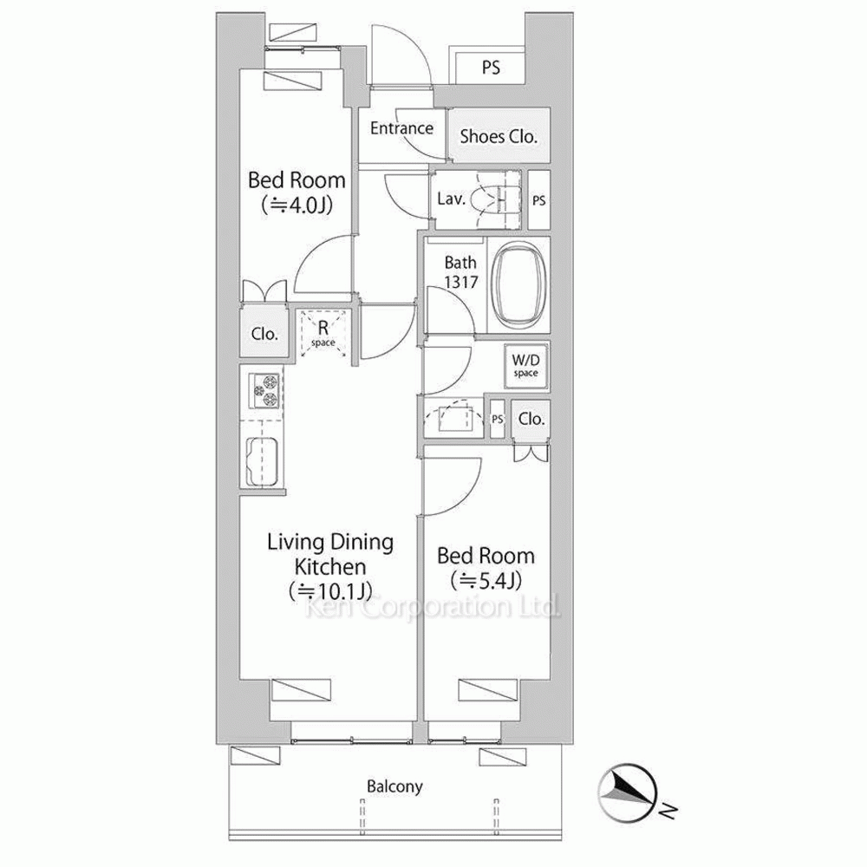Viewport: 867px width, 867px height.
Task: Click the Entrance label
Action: click(x=401, y=128)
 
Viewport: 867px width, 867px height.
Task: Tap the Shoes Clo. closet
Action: click(x=499, y=135)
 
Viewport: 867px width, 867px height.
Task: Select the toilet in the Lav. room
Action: click(x=495, y=199)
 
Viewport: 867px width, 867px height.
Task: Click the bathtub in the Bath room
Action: click(x=519, y=285)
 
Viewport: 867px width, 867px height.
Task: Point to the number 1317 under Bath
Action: click(x=460, y=282)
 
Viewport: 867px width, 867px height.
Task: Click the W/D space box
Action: click(x=525, y=366)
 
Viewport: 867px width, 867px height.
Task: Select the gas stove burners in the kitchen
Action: click(x=264, y=390)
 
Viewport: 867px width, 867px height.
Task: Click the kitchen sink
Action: click(x=262, y=462)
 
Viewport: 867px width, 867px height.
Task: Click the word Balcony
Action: click(x=394, y=786)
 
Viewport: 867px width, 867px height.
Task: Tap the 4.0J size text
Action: click(x=297, y=205)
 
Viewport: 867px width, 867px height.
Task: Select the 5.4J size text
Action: click(x=486, y=581)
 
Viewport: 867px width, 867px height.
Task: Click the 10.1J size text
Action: click(x=330, y=591)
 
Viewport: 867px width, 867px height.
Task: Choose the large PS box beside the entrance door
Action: click(x=489, y=68)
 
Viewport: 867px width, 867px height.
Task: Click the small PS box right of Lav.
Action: click(x=539, y=200)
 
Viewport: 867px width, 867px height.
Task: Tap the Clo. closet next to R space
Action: click(x=264, y=333)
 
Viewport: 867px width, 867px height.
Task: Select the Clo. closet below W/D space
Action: click(x=531, y=419)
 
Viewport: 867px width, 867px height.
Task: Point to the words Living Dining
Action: click(x=330, y=543)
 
